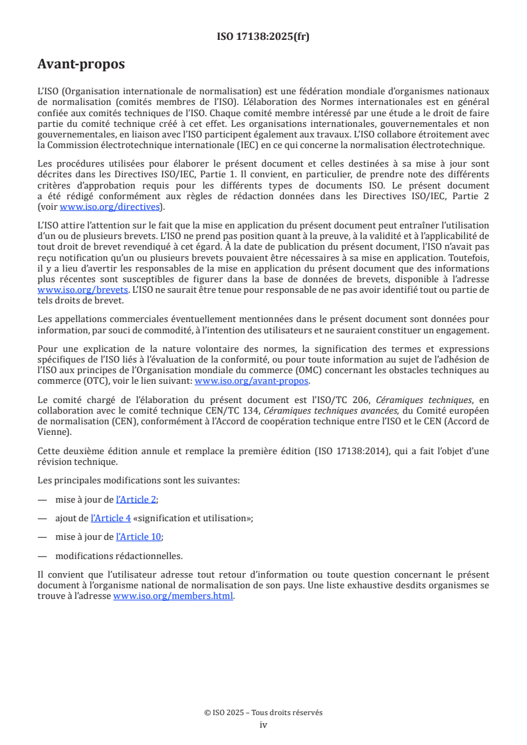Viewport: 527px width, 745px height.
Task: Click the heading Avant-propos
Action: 81,64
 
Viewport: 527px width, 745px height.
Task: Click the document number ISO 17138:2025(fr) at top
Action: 263,37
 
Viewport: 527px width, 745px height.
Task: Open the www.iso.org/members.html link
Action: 173,596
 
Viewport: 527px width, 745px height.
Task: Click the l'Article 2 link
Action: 136,500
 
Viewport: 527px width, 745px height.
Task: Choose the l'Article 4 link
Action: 110,519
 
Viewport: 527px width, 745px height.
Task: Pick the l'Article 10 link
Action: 139,537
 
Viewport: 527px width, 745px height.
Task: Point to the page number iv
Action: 263,724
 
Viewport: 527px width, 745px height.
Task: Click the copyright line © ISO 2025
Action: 263,712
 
